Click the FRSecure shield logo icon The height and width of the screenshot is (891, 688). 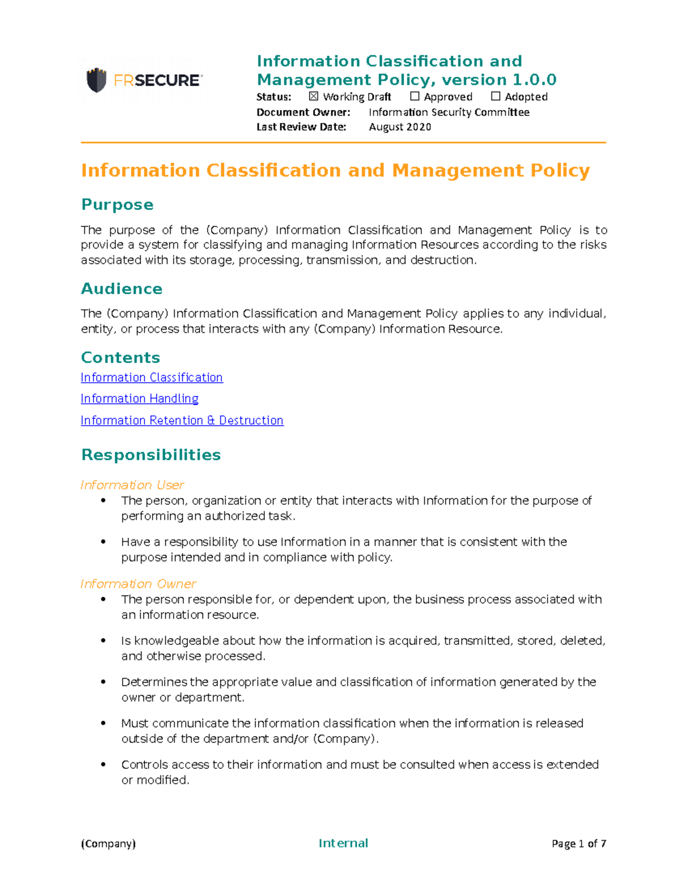tap(96, 80)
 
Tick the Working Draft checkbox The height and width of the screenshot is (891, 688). tap(314, 96)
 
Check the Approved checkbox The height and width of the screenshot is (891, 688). tap(415, 96)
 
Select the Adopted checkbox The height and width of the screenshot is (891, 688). tap(495, 96)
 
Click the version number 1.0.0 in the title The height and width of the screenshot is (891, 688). tap(534, 80)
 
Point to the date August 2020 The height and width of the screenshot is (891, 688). tap(400, 127)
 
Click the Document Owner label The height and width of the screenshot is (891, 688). tap(303, 112)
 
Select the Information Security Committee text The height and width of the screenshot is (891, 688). tap(448, 112)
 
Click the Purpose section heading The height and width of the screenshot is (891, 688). tap(117, 204)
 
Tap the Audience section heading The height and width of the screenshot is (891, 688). tap(122, 289)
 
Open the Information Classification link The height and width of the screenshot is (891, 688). tap(151, 378)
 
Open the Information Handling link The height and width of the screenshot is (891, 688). tap(139, 399)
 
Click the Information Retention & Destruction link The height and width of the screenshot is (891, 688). tap(182, 421)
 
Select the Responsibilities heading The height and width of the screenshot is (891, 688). tap(151, 455)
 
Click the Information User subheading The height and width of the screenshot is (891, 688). tap(132, 485)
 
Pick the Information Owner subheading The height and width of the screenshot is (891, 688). tap(138, 584)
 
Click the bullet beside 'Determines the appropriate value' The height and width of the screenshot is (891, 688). tap(103, 682)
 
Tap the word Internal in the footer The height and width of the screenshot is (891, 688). tap(343, 843)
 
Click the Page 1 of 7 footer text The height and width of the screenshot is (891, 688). tap(578, 843)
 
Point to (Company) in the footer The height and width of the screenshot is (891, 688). tap(108, 843)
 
